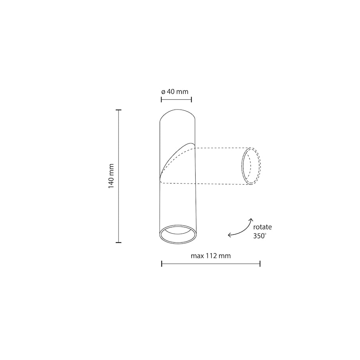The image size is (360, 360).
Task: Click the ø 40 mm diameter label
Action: (175, 92)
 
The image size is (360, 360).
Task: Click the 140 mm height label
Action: (112, 176)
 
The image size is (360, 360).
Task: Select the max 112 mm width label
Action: (211, 256)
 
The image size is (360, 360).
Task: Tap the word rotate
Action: (263, 227)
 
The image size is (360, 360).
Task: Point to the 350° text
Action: (260, 236)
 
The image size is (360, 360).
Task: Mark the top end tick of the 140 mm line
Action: (119, 110)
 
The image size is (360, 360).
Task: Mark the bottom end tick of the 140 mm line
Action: (119, 243)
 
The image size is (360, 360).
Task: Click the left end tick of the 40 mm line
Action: (161, 99)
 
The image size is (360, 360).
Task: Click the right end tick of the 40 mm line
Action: (191, 99)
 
